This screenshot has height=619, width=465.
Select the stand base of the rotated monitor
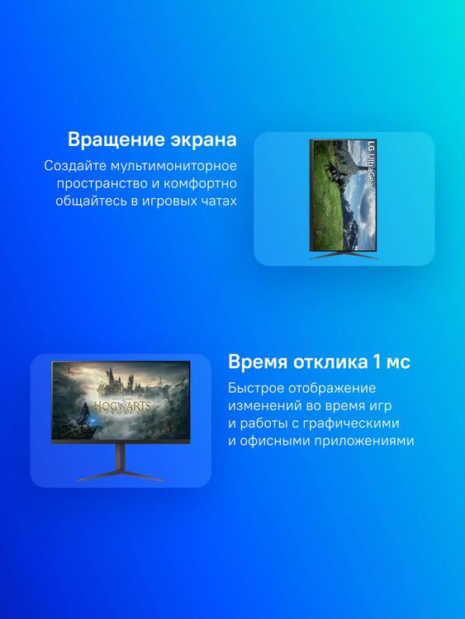[x=344, y=256]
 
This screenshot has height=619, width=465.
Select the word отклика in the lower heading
[x=334, y=362]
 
